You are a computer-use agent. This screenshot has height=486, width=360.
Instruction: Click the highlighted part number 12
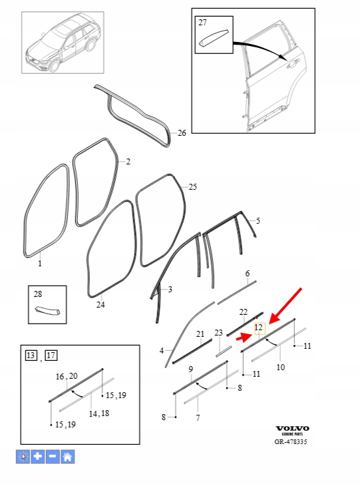click(260, 328)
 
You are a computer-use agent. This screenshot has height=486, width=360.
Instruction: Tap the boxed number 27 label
click(202, 23)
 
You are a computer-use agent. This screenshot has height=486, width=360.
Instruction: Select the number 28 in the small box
click(38, 294)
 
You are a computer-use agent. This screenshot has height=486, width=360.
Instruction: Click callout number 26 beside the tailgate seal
click(182, 133)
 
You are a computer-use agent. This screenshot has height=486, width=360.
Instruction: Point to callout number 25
click(193, 187)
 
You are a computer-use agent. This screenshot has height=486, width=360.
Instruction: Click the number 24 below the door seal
click(100, 305)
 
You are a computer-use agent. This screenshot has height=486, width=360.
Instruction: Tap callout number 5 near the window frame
click(258, 221)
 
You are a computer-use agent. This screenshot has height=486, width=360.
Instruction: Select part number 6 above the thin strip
click(248, 274)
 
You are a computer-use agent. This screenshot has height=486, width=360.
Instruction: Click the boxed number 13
click(31, 355)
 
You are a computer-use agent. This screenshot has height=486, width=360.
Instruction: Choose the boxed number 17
click(51, 355)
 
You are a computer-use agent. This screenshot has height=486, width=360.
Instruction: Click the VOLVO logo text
click(293, 428)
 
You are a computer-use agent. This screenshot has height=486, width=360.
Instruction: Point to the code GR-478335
click(291, 441)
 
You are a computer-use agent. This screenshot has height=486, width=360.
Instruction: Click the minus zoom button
click(53, 457)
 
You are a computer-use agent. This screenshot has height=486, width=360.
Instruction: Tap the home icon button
click(67, 457)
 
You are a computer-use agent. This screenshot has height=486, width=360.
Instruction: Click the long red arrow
click(285, 306)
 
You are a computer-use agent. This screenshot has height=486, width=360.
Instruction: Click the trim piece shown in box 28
click(47, 310)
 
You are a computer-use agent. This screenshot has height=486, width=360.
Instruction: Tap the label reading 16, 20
click(67, 376)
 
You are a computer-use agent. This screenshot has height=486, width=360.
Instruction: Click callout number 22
click(244, 312)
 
